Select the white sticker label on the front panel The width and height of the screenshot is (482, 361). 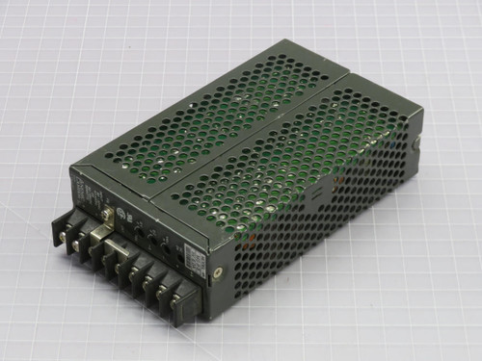(196, 259)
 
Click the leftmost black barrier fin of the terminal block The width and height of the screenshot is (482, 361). (58, 231)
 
